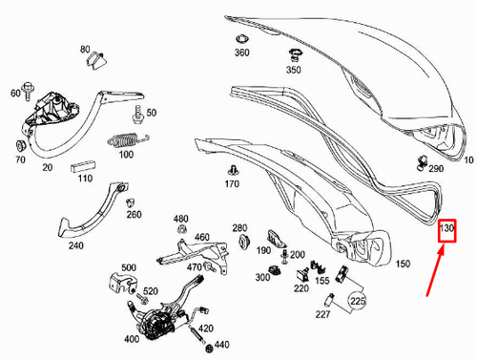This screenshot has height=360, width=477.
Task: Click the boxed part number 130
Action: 447,230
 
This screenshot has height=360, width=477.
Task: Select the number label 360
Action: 241,52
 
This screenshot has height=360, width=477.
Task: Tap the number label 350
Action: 293,71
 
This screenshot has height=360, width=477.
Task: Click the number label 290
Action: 436,168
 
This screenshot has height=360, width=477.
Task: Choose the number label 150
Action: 403,264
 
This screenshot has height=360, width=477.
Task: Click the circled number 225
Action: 358,301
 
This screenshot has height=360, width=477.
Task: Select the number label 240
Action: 76,245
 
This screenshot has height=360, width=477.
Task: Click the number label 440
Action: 221,344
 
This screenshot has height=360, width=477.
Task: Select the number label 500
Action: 129,268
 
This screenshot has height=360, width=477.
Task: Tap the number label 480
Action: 181,219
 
